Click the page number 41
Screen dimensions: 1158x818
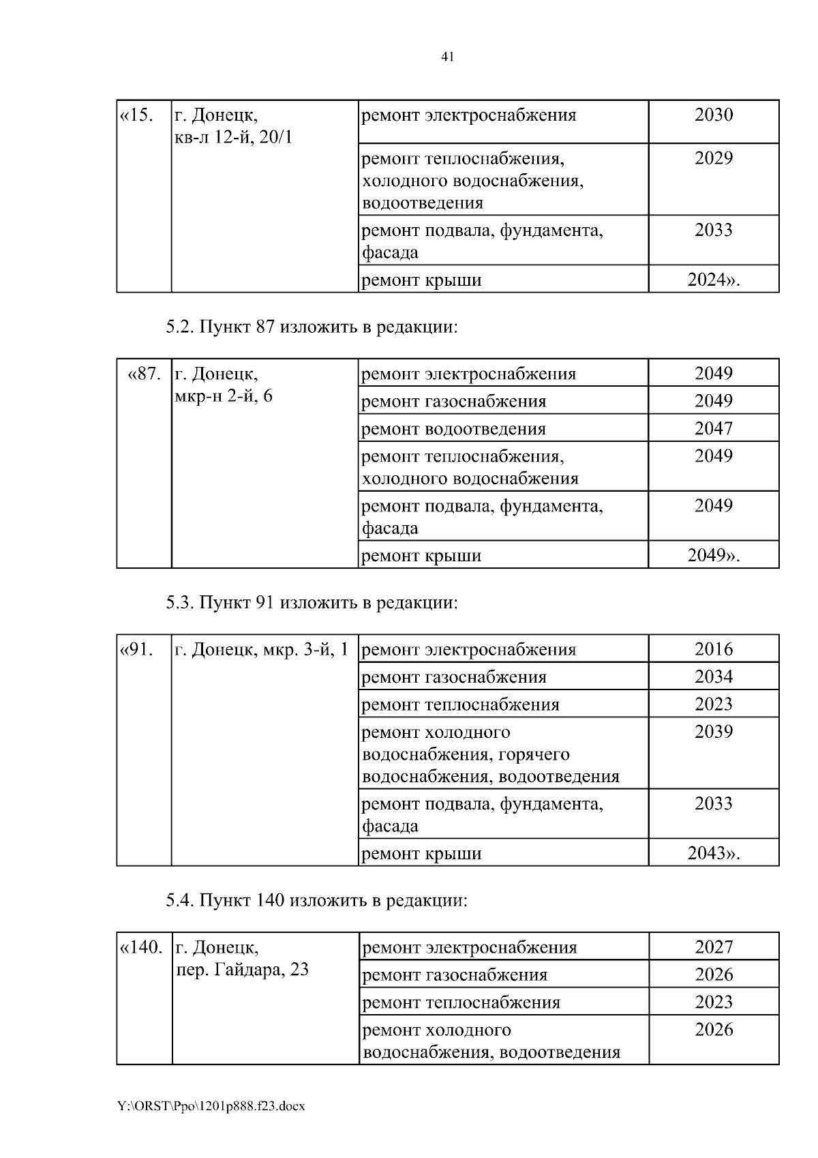point(447,57)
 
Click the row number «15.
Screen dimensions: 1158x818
point(137,115)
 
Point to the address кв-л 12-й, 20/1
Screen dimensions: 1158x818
point(233,138)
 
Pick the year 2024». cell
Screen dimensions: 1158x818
point(713,280)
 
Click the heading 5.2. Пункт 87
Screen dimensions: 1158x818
point(312,327)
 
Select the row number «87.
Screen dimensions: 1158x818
point(145,374)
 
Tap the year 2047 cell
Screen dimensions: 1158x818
point(713,429)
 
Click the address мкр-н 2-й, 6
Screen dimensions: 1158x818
point(224,396)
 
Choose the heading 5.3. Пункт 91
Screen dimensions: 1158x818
point(312,603)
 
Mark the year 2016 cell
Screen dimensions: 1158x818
point(713,649)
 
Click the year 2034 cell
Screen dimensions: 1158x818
point(713,677)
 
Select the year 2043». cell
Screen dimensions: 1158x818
point(713,853)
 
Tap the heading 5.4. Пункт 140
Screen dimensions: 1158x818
point(317,901)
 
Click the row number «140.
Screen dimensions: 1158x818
point(142,947)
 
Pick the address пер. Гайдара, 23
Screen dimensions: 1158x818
point(242,969)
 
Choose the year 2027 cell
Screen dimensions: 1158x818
point(713,947)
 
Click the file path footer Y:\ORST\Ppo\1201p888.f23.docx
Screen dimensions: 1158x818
point(211,1106)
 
